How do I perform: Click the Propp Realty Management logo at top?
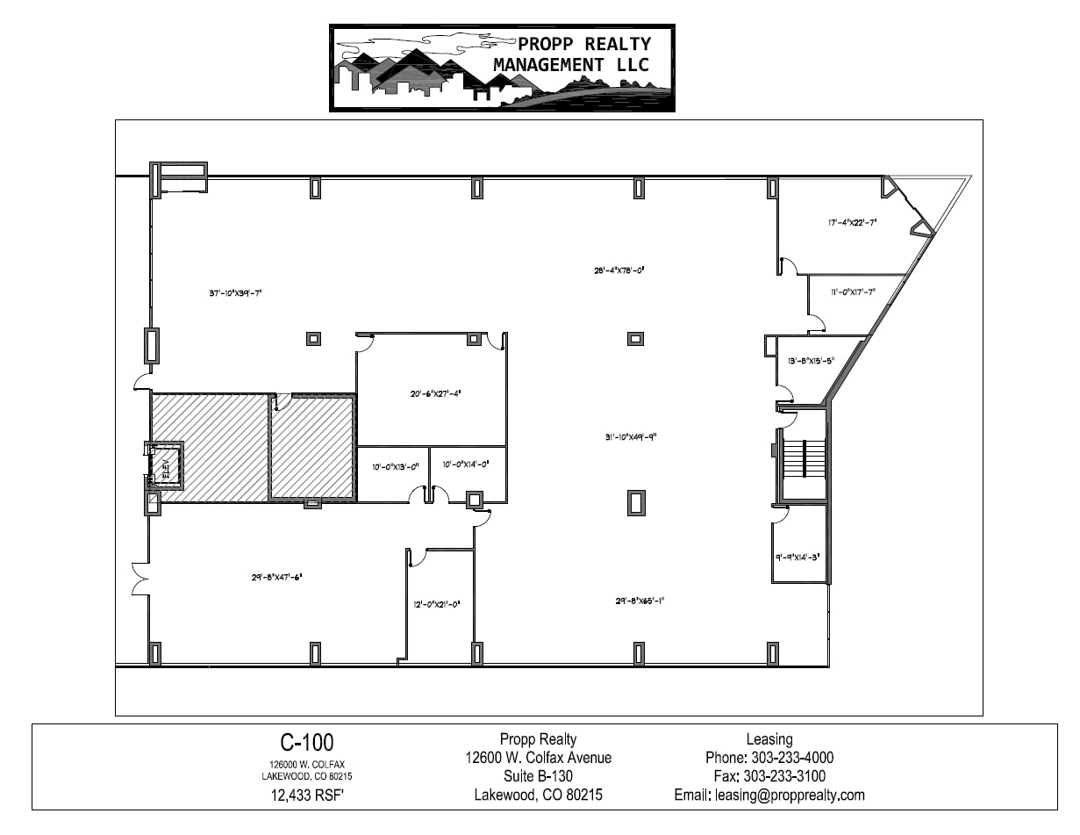tap(503, 68)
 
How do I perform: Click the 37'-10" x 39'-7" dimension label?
tap(236, 293)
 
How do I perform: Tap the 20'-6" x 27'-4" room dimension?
tap(429, 393)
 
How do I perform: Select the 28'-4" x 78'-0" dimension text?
tap(620, 270)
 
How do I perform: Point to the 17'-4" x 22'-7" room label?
tap(852, 223)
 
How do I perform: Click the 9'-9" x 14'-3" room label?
tap(797, 556)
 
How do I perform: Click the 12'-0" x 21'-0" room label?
tap(437, 604)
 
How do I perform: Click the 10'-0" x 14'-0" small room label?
tap(465, 463)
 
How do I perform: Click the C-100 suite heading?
tap(306, 743)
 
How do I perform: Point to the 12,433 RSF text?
tap(306, 796)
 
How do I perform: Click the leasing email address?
tap(769, 795)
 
